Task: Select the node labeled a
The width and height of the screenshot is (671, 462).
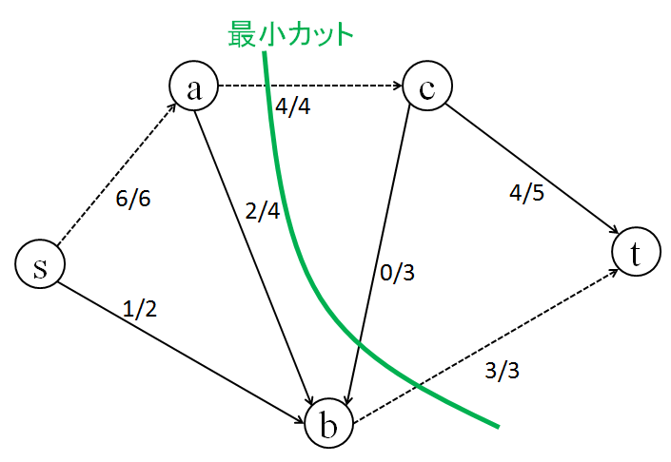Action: [x=194, y=87]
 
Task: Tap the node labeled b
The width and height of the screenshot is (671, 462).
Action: [x=329, y=425]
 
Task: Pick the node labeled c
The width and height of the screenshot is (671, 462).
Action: [x=426, y=87]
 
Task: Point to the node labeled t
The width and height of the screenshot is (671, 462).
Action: [x=635, y=253]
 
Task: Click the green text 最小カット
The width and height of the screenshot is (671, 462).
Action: [x=291, y=33]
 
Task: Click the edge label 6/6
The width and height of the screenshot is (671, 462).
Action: [x=133, y=201]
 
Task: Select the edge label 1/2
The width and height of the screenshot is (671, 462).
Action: [x=140, y=309]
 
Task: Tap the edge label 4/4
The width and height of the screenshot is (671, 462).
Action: [x=292, y=106]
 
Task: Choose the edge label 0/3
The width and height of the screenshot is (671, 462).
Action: [x=397, y=273]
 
